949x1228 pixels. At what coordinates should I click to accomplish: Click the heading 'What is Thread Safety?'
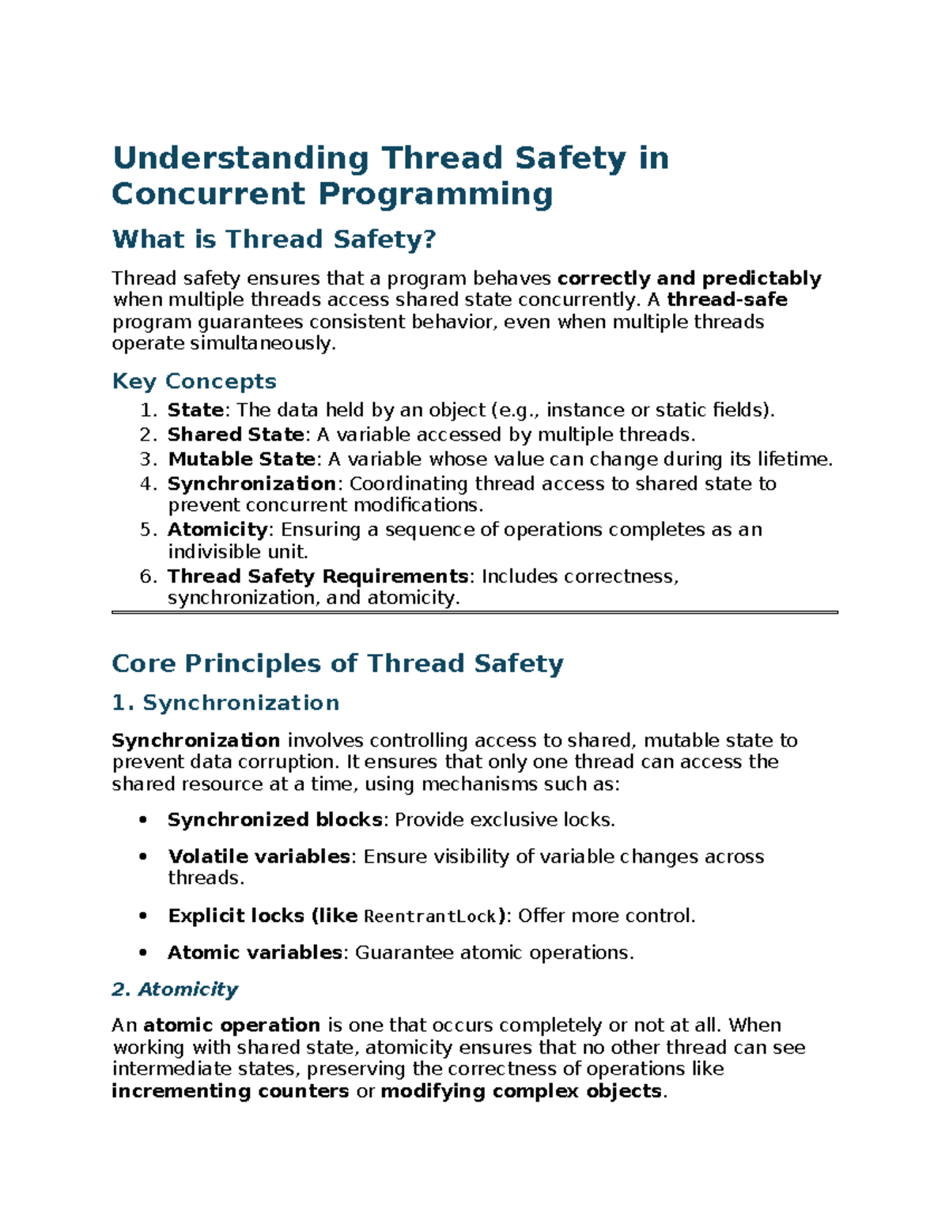pos(274,239)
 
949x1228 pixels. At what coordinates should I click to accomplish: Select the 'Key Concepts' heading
pos(194,381)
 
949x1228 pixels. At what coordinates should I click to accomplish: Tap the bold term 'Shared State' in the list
pos(235,434)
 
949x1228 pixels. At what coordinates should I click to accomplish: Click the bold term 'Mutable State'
pos(241,459)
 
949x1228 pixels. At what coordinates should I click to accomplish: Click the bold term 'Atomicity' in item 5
pos(217,529)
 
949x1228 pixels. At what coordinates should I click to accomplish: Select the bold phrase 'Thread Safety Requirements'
pos(318,576)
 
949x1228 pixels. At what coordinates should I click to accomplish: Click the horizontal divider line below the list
pos(475,612)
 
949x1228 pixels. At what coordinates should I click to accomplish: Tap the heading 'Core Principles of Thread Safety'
pos(337,663)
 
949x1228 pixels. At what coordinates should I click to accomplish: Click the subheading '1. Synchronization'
pos(225,702)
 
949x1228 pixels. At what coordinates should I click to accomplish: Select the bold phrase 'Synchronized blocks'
pos(274,819)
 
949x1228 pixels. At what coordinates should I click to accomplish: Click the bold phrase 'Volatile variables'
pos(259,856)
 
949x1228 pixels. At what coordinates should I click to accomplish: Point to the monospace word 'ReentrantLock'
pos(429,916)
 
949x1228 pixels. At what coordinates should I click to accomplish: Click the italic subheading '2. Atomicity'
pos(175,989)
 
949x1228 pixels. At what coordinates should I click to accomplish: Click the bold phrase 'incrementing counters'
pos(230,1091)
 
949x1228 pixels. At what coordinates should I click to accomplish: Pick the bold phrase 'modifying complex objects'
pos(521,1091)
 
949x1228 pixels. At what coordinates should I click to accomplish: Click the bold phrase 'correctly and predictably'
pos(689,278)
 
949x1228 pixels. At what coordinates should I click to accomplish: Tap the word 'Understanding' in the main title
pos(240,158)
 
